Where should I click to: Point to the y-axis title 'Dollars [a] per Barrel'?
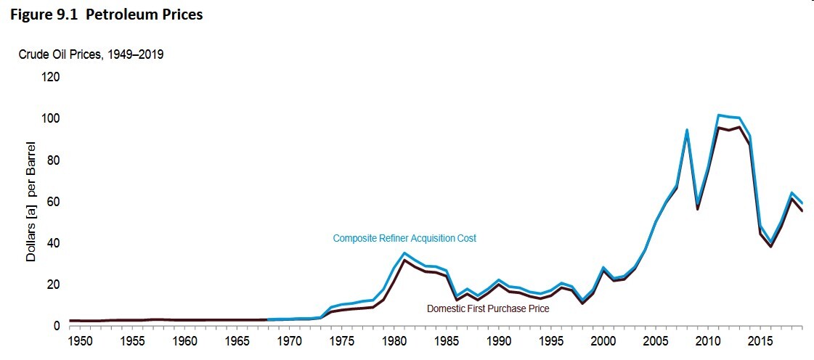click(x=32, y=206)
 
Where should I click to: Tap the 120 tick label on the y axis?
click(x=52, y=77)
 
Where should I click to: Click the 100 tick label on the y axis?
click(x=52, y=118)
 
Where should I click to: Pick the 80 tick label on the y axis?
click(x=54, y=160)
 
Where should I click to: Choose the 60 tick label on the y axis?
click(x=54, y=201)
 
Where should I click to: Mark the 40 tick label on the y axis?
click(x=54, y=242)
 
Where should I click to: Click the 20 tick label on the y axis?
click(x=54, y=285)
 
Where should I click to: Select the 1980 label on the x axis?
click(x=394, y=340)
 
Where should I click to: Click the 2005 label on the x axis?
click(x=656, y=340)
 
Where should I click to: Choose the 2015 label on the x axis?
click(x=760, y=340)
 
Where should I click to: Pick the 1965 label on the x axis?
click(x=237, y=340)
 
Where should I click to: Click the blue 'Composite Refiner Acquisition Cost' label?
click(x=404, y=238)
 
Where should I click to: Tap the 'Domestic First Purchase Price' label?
click(x=487, y=308)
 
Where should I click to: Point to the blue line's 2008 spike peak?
click(x=687, y=130)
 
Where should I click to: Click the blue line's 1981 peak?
click(x=404, y=253)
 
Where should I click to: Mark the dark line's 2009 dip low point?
click(x=697, y=209)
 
